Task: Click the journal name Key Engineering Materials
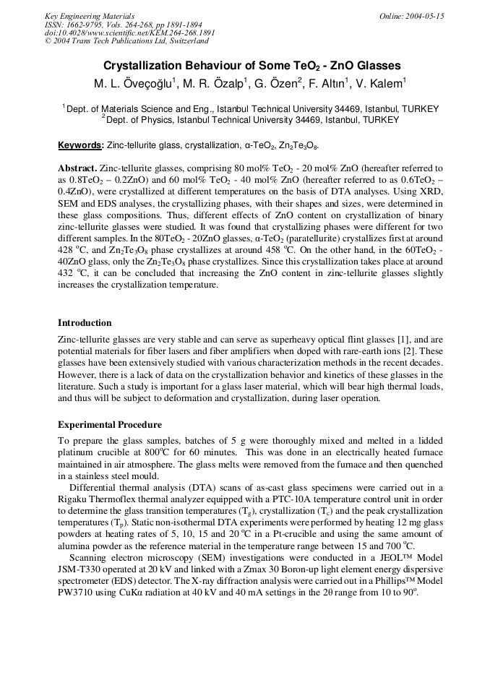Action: click(90, 16)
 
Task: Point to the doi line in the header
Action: click(129, 33)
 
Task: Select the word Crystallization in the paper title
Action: click(145, 66)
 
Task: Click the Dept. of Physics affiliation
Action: click(250, 120)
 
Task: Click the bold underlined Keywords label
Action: click(80, 145)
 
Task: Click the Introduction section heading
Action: click(85, 323)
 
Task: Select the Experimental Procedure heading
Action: click(109, 425)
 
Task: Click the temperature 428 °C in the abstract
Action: click(71, 249)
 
